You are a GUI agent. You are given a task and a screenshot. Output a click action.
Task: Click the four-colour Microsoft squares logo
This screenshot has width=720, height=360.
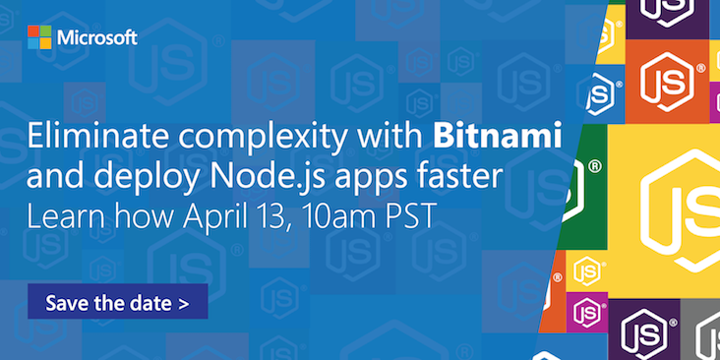tap(38, 38)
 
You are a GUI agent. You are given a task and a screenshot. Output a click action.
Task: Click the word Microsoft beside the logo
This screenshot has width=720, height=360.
tap(96, 38)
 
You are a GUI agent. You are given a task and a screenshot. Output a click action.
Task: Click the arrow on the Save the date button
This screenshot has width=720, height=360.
tap(183, 302)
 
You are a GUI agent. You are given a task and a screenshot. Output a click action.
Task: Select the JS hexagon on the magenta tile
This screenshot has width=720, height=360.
tap(587, 312)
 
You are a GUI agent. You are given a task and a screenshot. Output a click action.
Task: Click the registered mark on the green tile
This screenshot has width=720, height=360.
tap(593, 167)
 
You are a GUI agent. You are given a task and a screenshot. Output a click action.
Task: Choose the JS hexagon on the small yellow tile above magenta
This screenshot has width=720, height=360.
tap(587, 270)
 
